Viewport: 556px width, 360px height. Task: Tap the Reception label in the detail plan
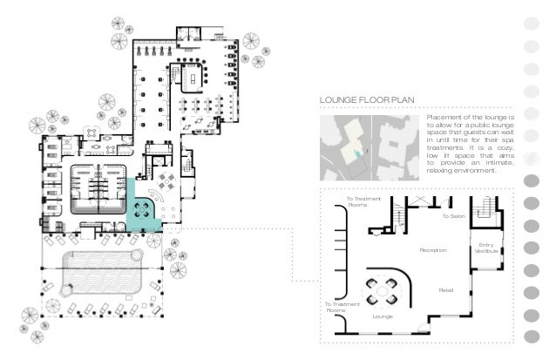pos(433,250)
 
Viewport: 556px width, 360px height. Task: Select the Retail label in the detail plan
pos(445,289)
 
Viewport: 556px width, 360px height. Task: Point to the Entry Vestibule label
pos(486,248)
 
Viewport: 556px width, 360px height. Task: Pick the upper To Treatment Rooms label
pos(362,202)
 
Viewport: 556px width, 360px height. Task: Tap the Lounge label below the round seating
pos(383,316)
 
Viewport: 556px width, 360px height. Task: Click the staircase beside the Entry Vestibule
pos(485,212)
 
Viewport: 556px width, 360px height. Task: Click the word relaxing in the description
pos(441,171)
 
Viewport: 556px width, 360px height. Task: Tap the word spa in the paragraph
pos(510,139)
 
